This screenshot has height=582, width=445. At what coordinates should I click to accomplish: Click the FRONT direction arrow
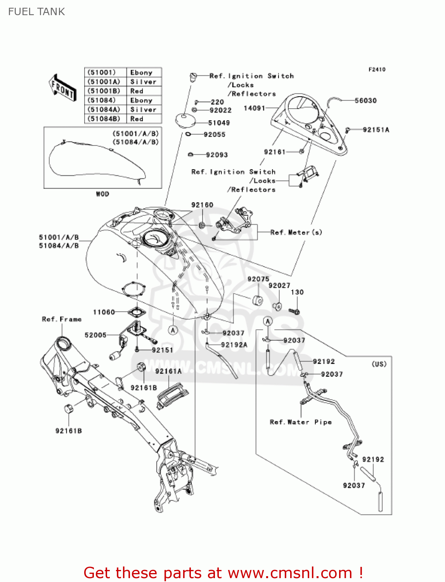62,88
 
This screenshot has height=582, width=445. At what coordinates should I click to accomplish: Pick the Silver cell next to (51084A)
143,110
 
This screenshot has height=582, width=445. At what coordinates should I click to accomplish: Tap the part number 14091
254,108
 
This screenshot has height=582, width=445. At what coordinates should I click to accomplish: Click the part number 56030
365,101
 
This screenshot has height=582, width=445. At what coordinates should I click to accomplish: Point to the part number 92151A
376,130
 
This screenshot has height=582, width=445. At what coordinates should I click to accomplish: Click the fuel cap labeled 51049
185,120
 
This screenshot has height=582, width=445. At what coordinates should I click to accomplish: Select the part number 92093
217,155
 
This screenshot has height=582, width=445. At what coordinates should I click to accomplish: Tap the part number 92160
202,205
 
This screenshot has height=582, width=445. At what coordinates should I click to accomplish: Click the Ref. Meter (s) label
296,232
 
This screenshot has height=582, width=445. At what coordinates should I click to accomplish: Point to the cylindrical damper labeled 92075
258,300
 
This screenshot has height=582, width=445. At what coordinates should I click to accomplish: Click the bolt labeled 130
294,311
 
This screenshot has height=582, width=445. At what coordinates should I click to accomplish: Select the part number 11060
104,312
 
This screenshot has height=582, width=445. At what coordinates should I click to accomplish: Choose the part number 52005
95,335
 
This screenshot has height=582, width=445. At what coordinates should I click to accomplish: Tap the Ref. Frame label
62,319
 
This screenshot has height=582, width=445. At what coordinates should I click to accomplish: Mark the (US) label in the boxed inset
379,364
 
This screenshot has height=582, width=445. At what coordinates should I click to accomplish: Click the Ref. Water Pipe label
301,422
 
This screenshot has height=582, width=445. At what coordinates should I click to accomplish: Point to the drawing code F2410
377,69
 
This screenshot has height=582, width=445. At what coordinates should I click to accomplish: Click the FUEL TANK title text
36,12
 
